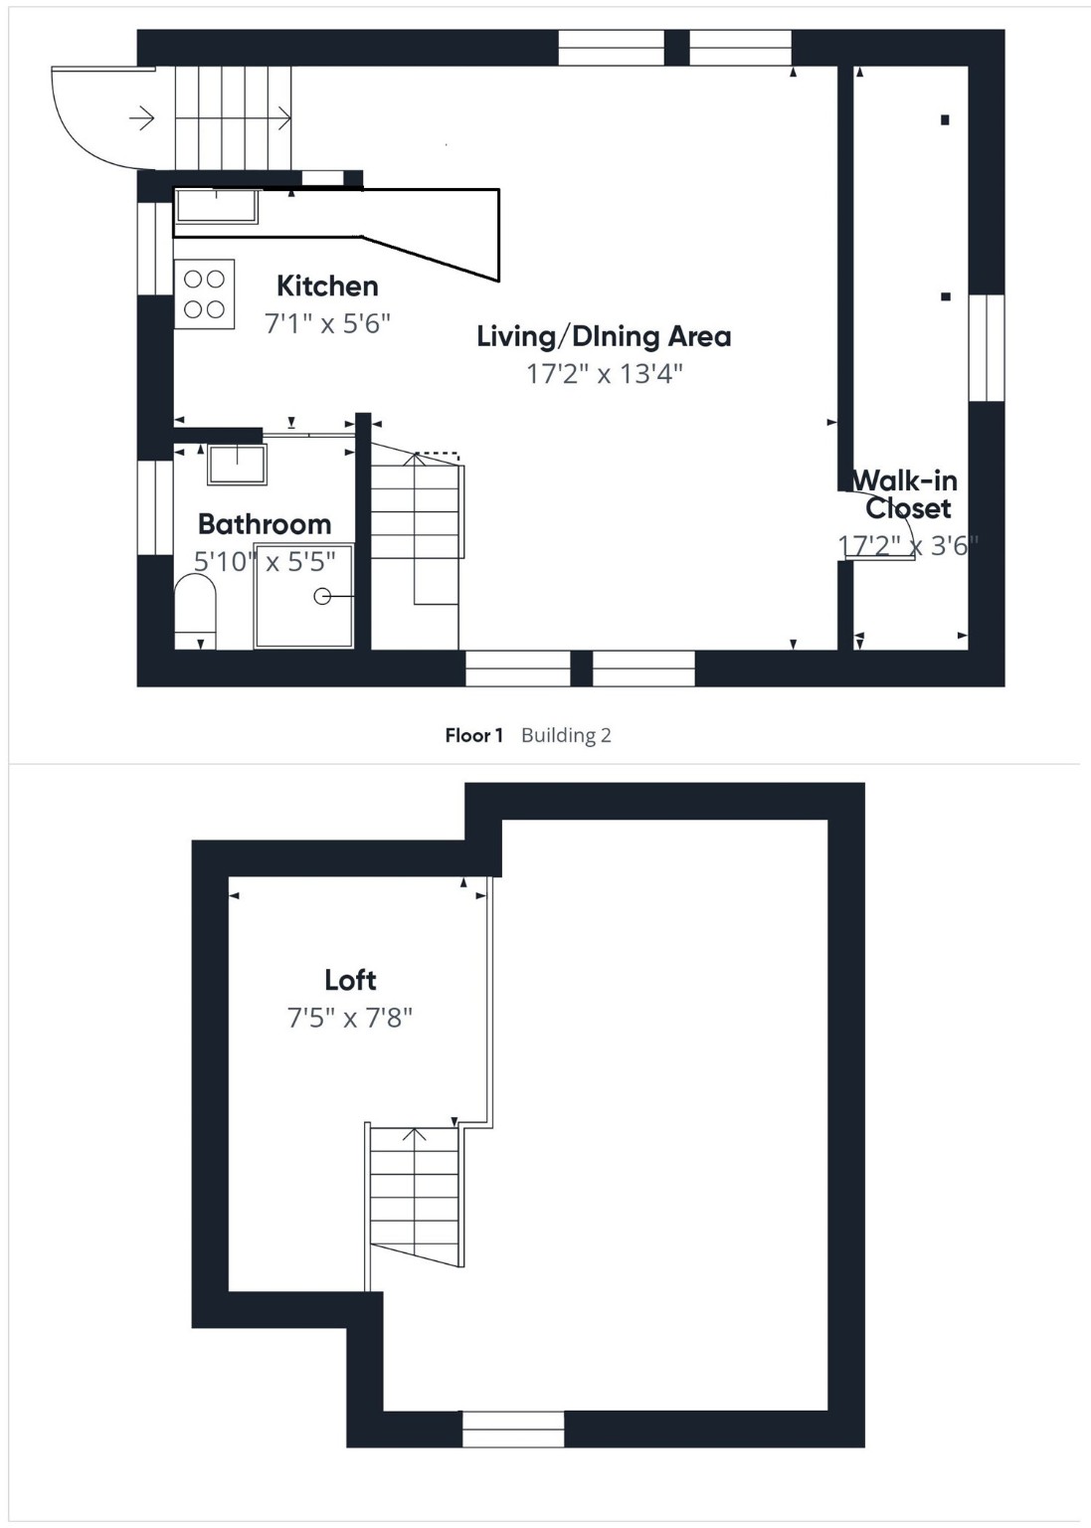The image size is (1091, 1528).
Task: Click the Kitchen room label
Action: tap(327, 286)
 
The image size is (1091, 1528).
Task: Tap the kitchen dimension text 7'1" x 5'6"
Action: tap(327, 323)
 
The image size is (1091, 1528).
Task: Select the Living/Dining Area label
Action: tap(604, 336)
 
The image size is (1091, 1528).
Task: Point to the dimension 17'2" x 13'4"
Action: tap(604, 374)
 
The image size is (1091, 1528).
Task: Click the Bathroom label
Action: tap(264, 524)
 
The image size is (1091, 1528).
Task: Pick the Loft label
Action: tap(350, 980)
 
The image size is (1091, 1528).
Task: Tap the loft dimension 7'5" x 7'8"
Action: tap(350, 1018)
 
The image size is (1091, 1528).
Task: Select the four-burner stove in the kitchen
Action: tap(205, 294)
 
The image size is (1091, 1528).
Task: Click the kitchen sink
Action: tap(217, 206)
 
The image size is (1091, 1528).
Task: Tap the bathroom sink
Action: tap(237, 465)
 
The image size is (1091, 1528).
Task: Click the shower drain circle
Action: tap(322, 596)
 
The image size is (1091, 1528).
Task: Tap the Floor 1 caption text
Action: tap(473, 736)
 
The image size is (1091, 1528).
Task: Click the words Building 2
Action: tap(566, 736)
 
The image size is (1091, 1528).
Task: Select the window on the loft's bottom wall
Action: tap(513, 1429)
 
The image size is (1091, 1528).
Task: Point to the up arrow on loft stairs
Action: tap(414, 1134)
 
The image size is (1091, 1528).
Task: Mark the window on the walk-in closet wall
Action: tap(987, 347)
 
